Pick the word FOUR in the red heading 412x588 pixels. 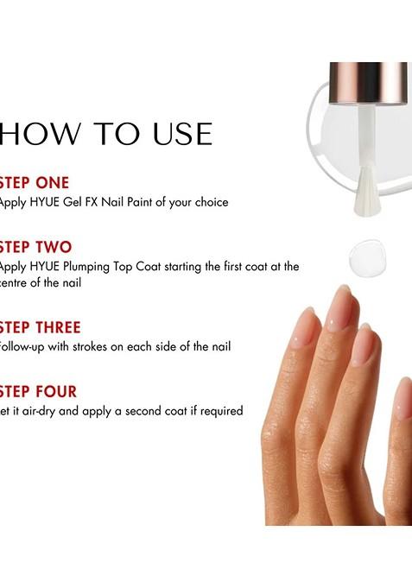click(56, 392)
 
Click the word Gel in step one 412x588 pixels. click(83, 202)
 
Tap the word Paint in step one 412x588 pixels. click(151, 202)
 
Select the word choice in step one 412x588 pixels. click(210, 202)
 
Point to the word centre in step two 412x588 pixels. click(17, 283)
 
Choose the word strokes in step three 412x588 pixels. click(105, 346)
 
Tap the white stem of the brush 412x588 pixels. click(364, 138)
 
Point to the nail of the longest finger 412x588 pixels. click(340, 307)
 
